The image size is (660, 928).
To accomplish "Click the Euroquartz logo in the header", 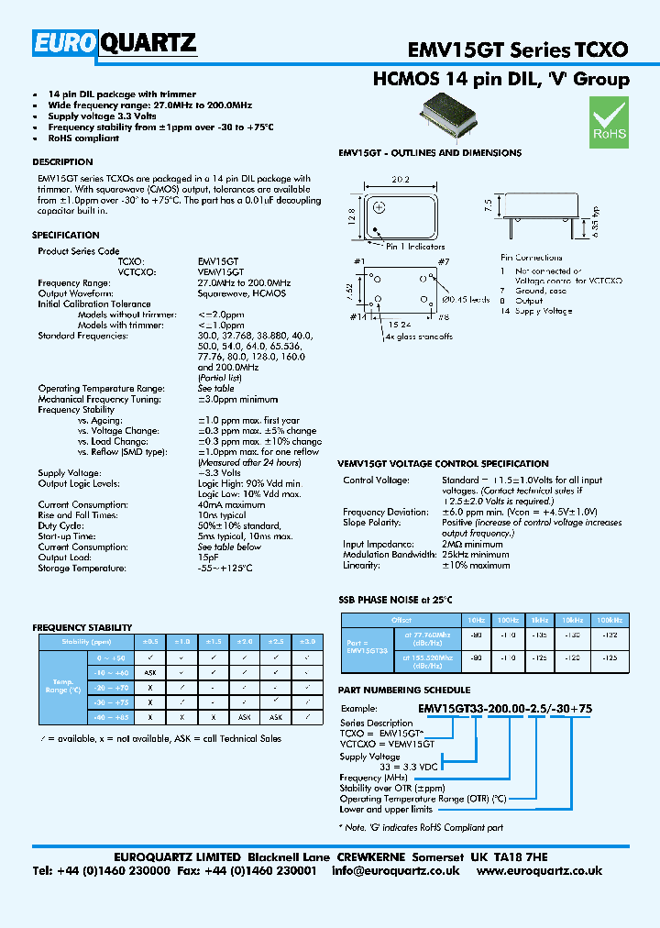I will [x=115, y=42].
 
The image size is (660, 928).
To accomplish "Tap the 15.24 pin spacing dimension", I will [x=399, y=324].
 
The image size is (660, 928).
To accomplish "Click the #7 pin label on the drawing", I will [x=443, y=263].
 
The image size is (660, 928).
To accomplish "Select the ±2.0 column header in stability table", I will [x=246, y=642].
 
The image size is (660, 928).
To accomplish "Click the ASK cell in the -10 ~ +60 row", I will [x=149, y=672].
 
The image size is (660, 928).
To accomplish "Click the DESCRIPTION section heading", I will [x=62, y=162].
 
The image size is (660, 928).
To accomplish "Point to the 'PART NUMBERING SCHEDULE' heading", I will [x=404, y=690].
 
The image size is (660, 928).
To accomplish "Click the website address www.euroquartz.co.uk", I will [x=539, y=870].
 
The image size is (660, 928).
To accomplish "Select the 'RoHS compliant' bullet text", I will [x=83, y=138].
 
